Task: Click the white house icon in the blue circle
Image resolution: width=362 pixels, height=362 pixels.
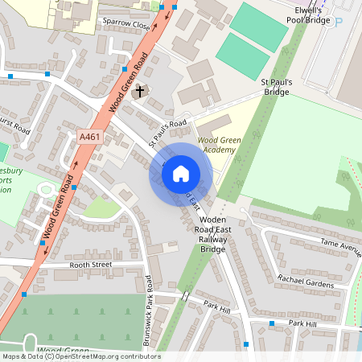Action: pos(181,173)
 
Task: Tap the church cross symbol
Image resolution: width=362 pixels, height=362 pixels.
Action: pos(140,91)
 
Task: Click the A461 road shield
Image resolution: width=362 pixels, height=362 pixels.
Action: pos(89,138)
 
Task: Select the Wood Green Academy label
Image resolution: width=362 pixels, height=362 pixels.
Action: pos(219,144)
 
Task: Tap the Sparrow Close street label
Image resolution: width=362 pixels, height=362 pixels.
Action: pos(125,26)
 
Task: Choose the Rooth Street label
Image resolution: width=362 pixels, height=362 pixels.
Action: pos(88,264)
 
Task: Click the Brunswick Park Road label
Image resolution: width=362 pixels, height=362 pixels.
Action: pos(149,311)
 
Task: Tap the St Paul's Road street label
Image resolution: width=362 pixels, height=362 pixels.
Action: pos(169,134)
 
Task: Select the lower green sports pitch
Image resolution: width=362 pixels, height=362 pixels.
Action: pos(242,56)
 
